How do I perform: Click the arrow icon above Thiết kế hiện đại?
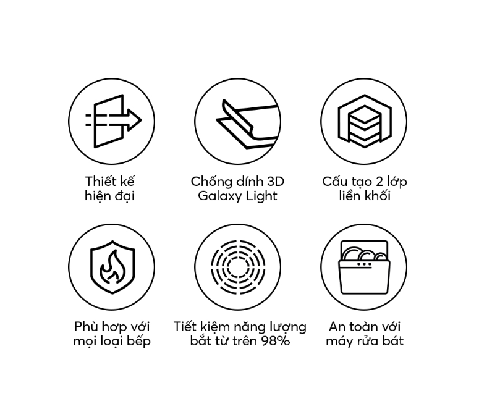[113, 121]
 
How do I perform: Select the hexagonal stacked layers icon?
[365, 121]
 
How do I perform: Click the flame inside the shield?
[112, 266]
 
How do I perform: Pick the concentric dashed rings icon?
[238, 267]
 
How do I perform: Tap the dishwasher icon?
[364, 267]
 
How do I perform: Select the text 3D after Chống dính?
[276, 182]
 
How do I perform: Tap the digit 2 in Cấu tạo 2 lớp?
[379, 182]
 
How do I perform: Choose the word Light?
[261, 196]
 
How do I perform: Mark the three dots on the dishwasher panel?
[365, 264]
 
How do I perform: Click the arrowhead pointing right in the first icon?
[134, 120]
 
